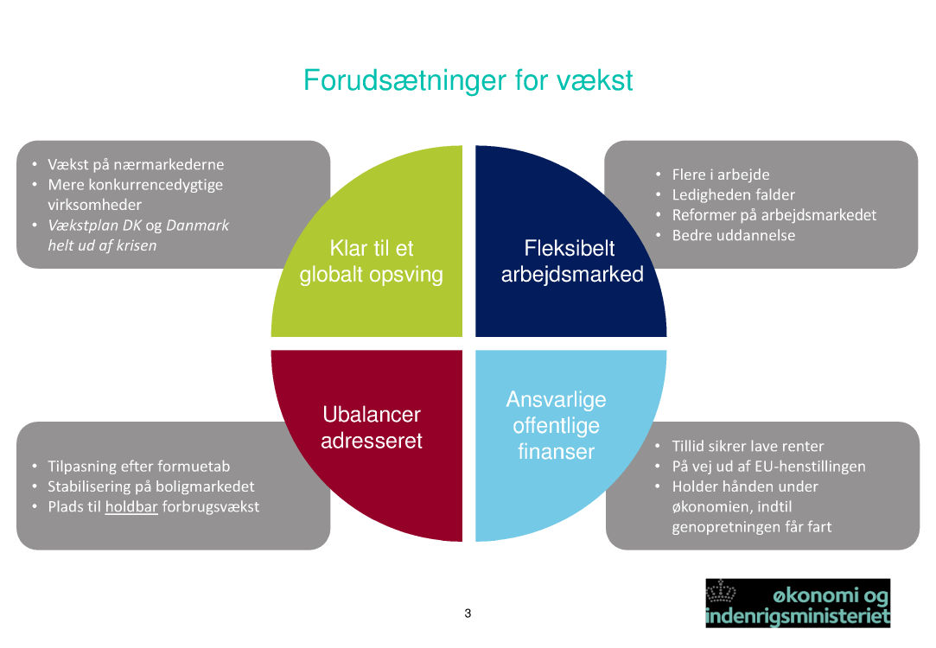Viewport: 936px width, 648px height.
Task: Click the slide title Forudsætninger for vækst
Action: pos(468,80)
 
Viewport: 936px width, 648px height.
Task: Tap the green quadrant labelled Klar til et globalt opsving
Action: pos(372,260)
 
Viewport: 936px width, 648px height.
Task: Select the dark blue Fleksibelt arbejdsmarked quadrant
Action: pos(571,260)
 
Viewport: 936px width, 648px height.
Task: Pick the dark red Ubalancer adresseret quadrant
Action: pos(372,427)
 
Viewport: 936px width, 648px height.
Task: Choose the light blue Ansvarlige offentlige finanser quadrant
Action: pos(557,425)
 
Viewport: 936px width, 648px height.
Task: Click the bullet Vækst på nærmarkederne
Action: pos(136,164)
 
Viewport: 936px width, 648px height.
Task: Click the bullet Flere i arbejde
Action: pos(721,175)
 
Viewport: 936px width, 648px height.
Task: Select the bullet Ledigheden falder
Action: pos(733,194)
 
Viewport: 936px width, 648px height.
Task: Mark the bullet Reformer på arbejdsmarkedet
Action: pos(774,214)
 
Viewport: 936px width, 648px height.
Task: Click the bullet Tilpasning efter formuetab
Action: pos(138,467)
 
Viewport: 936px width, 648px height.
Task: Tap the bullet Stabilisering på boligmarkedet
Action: pos(151,486)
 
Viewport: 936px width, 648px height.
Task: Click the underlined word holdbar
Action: pos(131,507)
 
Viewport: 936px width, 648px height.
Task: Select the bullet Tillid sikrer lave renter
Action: pos(748,446)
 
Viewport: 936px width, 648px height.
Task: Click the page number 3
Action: pos(468,614)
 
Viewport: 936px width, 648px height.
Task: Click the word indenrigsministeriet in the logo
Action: pos(797,617)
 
